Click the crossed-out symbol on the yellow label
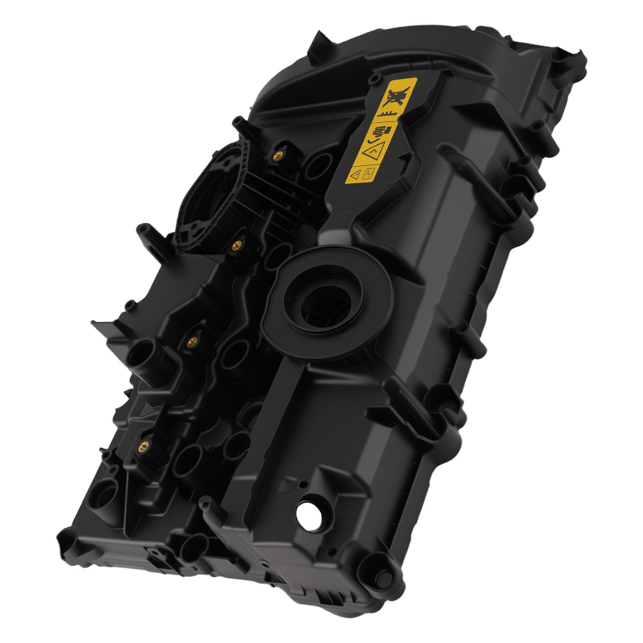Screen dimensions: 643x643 pyautogui.click(x=396, y=96)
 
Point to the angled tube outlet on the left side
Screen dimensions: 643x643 pyautogui.click(x=143, y=358)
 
